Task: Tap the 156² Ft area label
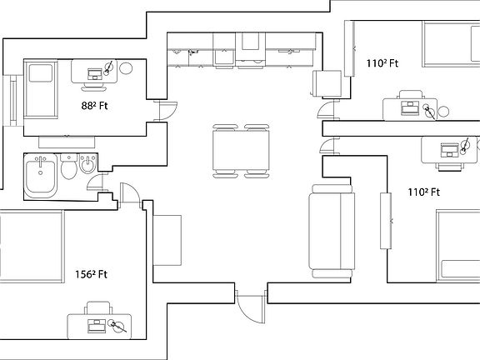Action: click(93, 274)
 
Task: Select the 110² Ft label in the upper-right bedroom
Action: click(382, 62)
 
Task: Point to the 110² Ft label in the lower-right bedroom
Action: click(423, 192)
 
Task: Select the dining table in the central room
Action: click(242, 151)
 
